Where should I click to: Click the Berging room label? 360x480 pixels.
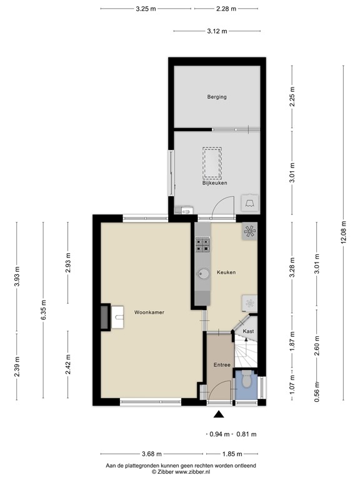217,97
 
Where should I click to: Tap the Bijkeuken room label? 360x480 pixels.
214,183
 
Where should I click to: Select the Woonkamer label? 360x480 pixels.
149,312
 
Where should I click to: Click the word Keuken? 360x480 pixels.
226,272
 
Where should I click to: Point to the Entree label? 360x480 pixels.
222,365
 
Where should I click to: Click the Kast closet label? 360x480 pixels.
248,331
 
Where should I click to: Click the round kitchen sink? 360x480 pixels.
203,273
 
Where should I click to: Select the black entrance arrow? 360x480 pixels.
218,413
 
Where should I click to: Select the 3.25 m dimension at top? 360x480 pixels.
146,9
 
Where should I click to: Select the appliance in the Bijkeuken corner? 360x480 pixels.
250,202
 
